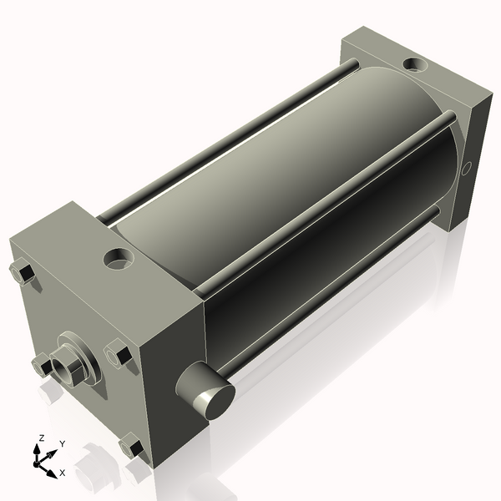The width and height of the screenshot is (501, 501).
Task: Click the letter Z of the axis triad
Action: coord(41,438)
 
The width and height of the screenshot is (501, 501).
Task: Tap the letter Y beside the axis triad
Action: coord(63,444)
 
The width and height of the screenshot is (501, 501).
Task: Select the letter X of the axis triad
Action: coord(63,473)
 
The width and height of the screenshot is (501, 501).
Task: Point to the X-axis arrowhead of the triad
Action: coord(52,473)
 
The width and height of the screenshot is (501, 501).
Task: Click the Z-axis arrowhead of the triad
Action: coord(37,449)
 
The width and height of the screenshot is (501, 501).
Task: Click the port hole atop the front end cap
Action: coord(119,258)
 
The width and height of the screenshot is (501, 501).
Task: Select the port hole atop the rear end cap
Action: coord(415,64)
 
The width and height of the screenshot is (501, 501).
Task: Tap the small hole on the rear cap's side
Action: coord(466,169)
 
